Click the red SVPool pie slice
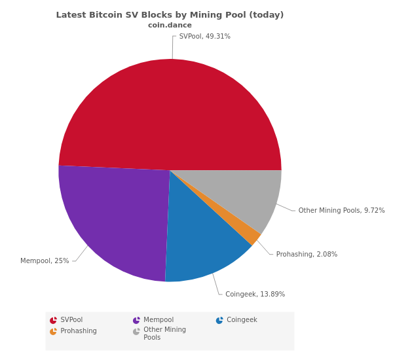(170, 111)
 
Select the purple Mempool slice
(115, 216)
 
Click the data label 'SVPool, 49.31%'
(204, 37)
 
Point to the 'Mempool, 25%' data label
(45, 261)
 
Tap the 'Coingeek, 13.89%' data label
(255, 295)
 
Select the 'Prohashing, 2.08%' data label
(307, 255)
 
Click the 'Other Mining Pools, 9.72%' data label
(341, 211)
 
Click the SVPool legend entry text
(71, 320)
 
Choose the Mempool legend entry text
(159, 320)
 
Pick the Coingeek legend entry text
(242, 320)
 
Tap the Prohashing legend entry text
(79, 331)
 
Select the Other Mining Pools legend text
(164, 334)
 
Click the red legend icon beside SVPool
(53, 321)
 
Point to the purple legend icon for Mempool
(136, 321)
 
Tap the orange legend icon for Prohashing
(53, 332)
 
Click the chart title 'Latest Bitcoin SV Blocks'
(170, 15)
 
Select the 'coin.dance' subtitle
(170, 26)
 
